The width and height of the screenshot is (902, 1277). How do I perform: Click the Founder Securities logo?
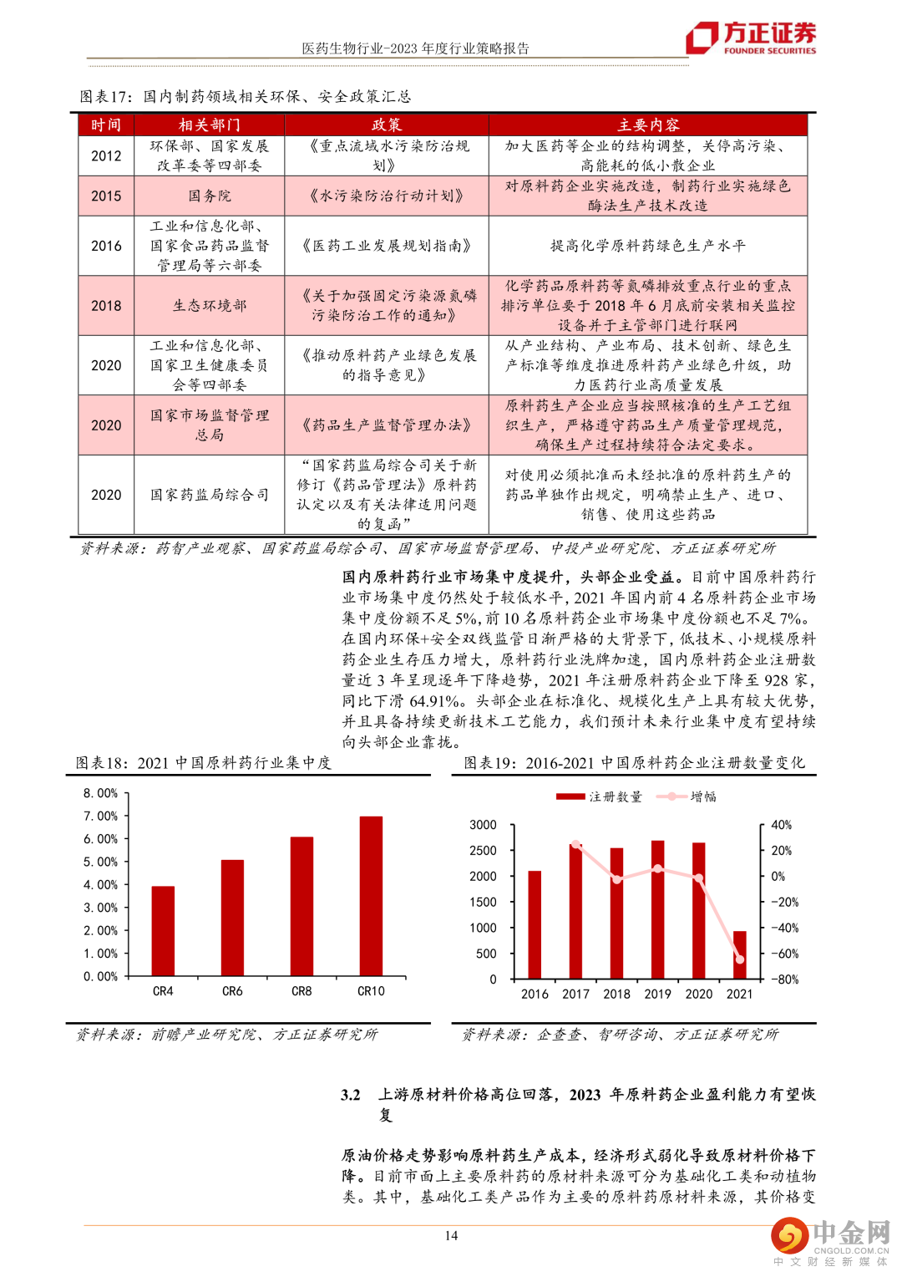pyautogui.click(x=751, y=38)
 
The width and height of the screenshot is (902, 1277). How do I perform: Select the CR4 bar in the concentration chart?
pyautogui.click(x=163, y=931)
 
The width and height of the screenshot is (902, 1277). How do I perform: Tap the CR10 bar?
pyautogui.click(x=371, y=896)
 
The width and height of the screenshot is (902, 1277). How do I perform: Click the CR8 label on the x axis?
pyautogui.click(x=302, y=991)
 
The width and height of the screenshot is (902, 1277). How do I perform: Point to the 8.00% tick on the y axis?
pyautogui.click(x=100, y=793)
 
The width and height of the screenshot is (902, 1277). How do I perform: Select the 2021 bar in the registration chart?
pyautogui.click(x=739, y=955)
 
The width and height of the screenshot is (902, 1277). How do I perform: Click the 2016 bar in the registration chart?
pyautogui.click(x=535, y=925)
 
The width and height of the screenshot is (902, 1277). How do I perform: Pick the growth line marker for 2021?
pyautogui.click(x=739, y=959)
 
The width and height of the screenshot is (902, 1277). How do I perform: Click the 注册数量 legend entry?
pyautogui.click(x=600, y=796)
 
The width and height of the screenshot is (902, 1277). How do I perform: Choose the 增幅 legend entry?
pyautogui.click(x=687, y=796)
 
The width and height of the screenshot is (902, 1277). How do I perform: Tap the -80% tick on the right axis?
pyautogui.click(x=784, y=979)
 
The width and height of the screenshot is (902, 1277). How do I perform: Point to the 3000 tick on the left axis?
pyautogui.click(x=483, y=825)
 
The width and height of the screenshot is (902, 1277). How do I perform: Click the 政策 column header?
pyautogui.click(x=386, y=125)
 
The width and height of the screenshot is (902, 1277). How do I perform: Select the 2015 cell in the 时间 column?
pyautogui.click(x=106, y=196)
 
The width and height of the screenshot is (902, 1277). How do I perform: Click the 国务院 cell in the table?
pyautogui.click(x=210, y=196)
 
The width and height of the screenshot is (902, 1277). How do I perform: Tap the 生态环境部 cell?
pyautogui.click(x=210, y=305)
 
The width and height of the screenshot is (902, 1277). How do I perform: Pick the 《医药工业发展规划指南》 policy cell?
pyautogui.click(x=386, y=246)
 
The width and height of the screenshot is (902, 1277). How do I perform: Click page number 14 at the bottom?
pyautogui.click(x=451, y=1235)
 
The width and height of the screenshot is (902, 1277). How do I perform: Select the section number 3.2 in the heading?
pyautogui.click(x=351, y=1095)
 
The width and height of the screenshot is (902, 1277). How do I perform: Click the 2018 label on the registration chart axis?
pyautogui.click(x=616, y=994)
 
